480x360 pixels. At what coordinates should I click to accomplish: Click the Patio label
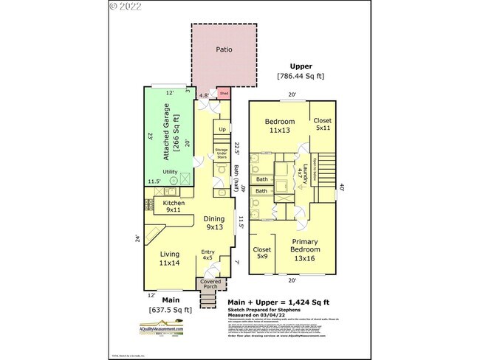coord(224,50)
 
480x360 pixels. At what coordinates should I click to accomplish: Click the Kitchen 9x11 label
coord(174,206)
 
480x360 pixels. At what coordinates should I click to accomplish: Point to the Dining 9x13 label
coord(214,223)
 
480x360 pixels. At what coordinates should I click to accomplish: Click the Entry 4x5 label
coord(208,256)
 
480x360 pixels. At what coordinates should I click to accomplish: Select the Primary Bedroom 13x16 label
coord(304,249)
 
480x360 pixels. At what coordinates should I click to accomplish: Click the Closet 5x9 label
coord(262,253)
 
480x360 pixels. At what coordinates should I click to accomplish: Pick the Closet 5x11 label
coord(323,124)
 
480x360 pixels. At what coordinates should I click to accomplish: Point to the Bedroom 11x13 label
coord(280,125)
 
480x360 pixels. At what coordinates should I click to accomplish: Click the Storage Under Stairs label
coord(221,153)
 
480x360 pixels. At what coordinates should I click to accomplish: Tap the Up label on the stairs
coord(222,131)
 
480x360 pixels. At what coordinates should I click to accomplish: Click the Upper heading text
coord(301,66)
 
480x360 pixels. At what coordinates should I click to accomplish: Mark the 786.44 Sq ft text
coord(301,76)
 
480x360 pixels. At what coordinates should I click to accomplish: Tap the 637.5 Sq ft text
coord(171,309)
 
